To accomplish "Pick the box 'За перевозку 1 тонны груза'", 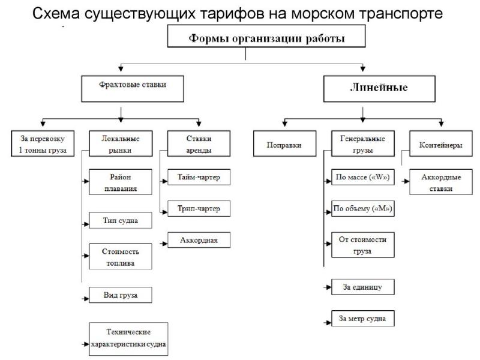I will [42, 145].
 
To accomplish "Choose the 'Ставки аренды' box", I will [190, 145].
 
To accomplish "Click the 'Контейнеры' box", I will [441, 145].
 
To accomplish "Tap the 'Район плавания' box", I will [120, 182].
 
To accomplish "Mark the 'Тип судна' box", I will [120, 220].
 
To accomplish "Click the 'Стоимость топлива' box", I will [120, 256].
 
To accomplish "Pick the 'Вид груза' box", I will [120, 295].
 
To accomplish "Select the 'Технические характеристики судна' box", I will [128, 339].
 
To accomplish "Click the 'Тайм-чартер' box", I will [195, 178].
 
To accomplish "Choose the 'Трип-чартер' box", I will [195, 209].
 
